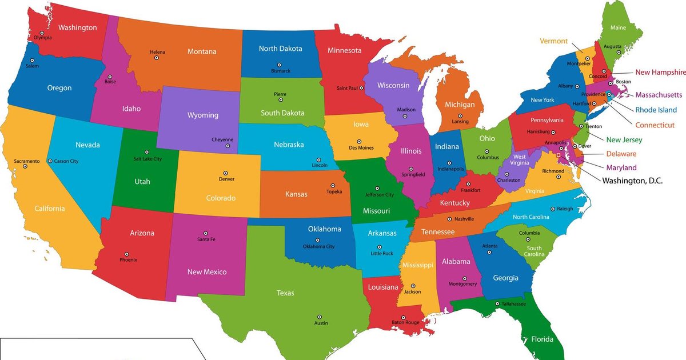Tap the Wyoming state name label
pos(203,115)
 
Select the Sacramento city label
pos(27,161)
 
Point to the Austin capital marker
pos(320,317)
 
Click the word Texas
pos(285,293)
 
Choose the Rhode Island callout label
pos(656,110)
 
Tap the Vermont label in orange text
pos(553,41)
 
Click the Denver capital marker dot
pos(225,173)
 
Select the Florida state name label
pos(542,339)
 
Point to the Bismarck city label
pos(281,71)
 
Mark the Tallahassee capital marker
pos(497,303)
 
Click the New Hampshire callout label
pos(660,73)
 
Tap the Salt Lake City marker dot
pos(147,152)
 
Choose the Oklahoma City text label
pos(318,247)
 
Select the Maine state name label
pos(618,27)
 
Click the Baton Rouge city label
pos(405,323)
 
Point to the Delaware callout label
pos(621,154)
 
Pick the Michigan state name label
pos(460,105)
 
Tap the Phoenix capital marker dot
pos(126,254)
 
